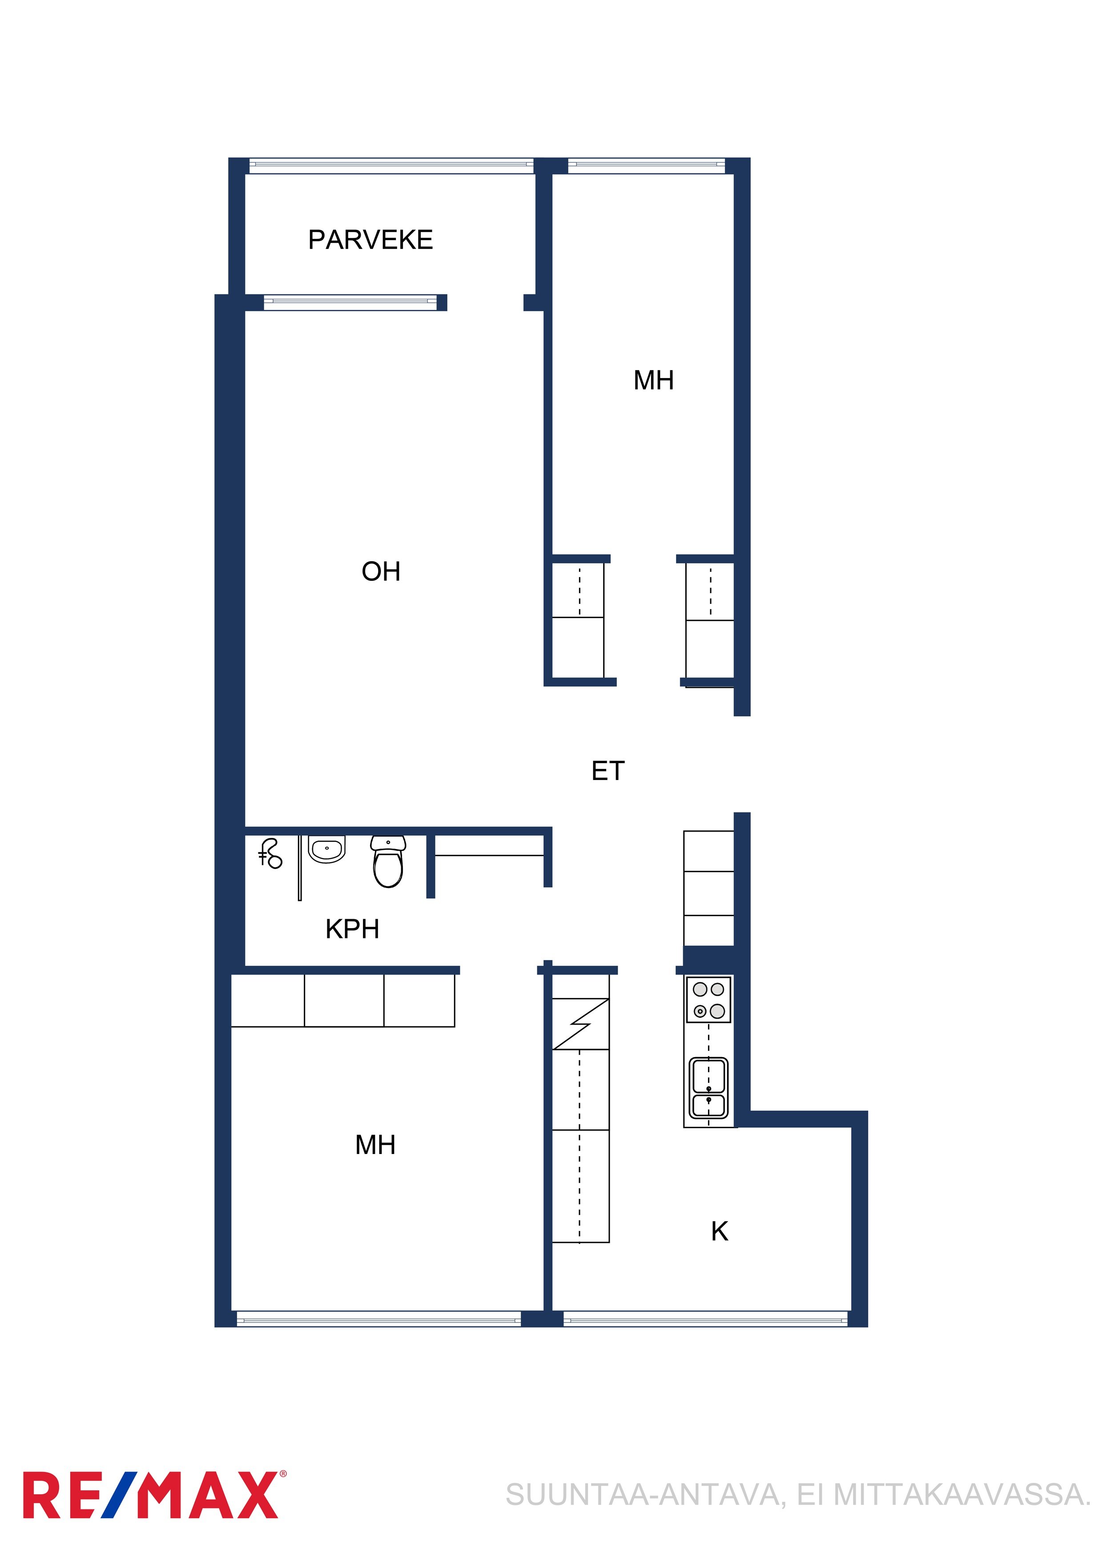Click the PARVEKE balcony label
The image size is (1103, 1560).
(x=370, y=240)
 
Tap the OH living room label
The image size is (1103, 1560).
(x=381, y=571)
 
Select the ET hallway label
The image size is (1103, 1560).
(x=608, y=771)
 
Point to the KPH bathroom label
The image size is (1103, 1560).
(x=352, y=929)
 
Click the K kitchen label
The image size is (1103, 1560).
(x=720, y=1231)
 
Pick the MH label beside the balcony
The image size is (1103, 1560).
(x=653, y=381)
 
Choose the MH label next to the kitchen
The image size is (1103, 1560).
(x=375, y=1145)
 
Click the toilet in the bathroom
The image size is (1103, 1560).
(x=388, y=861)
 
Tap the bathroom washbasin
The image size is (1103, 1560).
(x=327, y=849)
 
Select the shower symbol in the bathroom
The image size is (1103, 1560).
(x=270, y=854)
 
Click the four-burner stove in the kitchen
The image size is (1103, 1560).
(x=708, y=1000)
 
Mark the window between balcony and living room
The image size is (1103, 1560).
(x=350, y=302)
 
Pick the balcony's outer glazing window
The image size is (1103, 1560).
(x=391, y=165)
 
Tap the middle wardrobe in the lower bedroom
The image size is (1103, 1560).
(x=344, y=1000)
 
